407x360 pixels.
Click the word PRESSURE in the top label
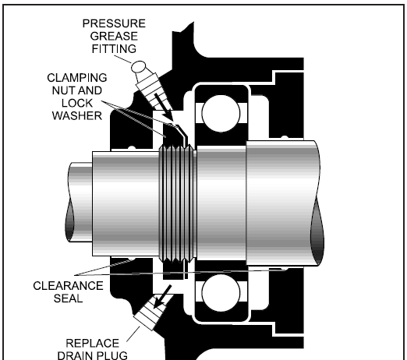[x=114, y=23]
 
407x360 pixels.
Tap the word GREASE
[x=114, y=36]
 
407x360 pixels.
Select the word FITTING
[x=114, y=49]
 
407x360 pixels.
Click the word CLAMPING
[x=77, y=78]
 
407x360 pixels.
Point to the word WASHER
[x=77, y=116]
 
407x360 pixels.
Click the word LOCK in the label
[x=77, y=104]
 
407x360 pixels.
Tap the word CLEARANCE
[x=68, y=286]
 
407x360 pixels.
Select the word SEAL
[x=68, y=298]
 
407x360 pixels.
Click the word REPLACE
[x=92, y=344]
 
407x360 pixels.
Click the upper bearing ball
[x=221, y=114]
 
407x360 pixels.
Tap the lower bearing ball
[x=221, y=293]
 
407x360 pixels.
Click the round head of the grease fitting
[x=139, y=67]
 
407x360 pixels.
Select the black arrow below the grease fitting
[x=164, y=108]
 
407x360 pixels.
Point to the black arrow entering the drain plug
[x=163, y=297]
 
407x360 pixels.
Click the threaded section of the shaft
[x=178, y=203]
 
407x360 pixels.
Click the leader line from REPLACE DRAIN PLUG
[x=133, y=334]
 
